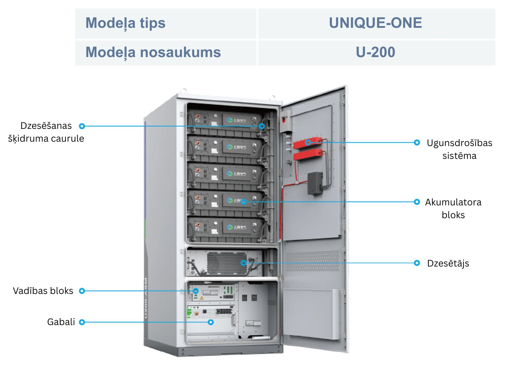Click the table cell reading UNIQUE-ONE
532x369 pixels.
[x=376, y=23]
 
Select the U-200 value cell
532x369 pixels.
[x=376, y=52]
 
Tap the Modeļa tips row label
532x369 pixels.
[x=125, y=23]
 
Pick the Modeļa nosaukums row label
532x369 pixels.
[x=153, y=52]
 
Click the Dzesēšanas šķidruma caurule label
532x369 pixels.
[x=46, y=132]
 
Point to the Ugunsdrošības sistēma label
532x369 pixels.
[x=459, y=149]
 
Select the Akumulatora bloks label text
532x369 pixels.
[x=453, y=208]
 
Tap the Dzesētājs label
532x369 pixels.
[x=448, y=263]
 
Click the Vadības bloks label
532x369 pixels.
[x=43, y=291]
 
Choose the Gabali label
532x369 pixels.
[x=61, y=322]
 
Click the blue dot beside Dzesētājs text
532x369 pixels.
[x=417, y=263]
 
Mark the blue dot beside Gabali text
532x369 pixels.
[x=82, y=322]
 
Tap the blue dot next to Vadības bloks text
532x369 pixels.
[x=82, y=291]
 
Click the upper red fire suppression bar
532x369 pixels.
[x=308, y=143]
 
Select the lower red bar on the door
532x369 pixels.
[x=308, y=155]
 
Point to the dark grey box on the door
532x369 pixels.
[x=315, y=183]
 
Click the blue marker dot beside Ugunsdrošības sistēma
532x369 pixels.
[x=417, y=142]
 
